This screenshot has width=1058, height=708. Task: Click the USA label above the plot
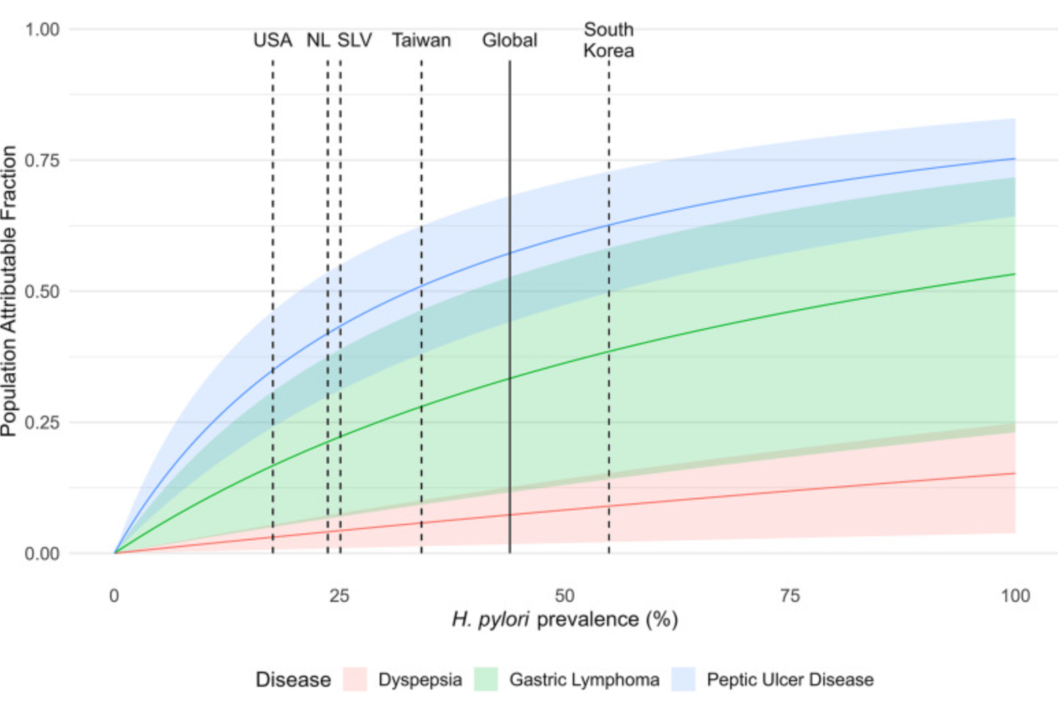pos(272,40)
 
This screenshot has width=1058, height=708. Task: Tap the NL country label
pos(318,40)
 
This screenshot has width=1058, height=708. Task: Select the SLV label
pos(354,40)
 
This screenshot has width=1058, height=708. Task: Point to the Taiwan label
pos(421,40)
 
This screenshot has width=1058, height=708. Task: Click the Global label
pos(509,40)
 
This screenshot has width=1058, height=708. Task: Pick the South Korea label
pos(608,40)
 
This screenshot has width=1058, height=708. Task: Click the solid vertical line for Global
pos(510,308)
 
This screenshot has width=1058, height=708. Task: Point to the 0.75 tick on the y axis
pos(42,160)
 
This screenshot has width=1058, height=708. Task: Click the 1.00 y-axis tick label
pos(42,29)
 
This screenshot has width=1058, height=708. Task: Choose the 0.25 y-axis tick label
pos(42,422)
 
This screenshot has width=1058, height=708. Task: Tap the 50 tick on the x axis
pos(565,596)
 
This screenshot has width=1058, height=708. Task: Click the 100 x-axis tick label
pos(1015,596)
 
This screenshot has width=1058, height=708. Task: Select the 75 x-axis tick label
pos(790,596)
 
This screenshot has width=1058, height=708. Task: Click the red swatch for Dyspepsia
pos(355,679)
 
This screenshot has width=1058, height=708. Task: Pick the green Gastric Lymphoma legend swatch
pos(486,679)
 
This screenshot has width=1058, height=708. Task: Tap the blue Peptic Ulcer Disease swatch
pos(684,679)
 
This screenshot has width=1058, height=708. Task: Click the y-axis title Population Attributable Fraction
pos(9,291)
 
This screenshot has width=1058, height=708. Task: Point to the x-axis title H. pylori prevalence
pos(565,620)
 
